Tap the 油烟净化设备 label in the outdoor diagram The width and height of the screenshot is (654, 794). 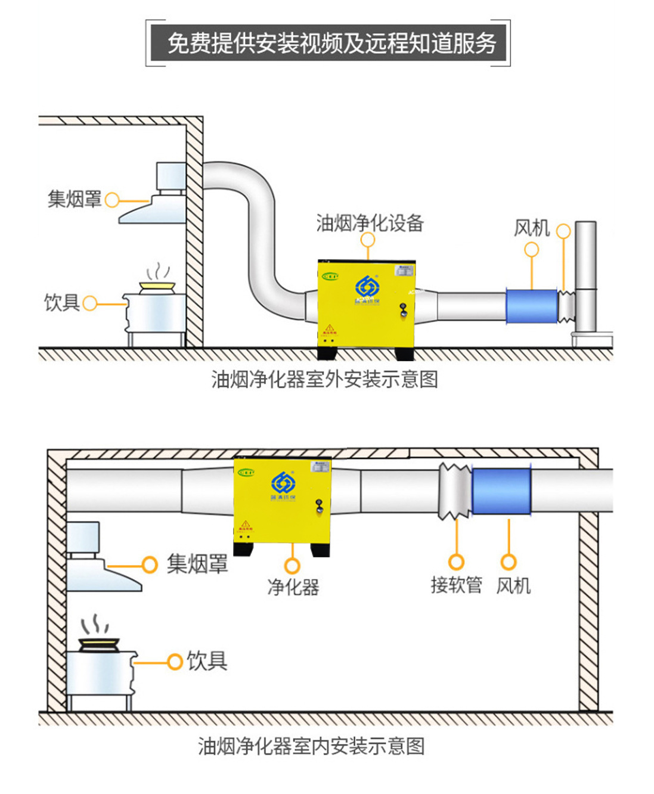click(x=370, y=223)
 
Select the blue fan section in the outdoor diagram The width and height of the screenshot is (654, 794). click(x=532, y=306)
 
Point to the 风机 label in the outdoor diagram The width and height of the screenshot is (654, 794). click(x=531, y=227)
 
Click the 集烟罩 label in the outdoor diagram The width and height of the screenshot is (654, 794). click(x=75, y=199)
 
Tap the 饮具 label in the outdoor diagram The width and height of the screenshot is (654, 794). click(x=61, y=302)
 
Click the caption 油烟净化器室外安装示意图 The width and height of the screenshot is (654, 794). click(x=324, y=379)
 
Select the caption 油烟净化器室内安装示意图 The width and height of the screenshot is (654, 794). click(x=311, y=746)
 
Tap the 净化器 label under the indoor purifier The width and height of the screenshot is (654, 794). click(x=293, y=587)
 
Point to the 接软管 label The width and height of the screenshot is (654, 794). click(x=456, y=585)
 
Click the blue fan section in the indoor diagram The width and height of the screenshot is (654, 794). click(x=501, y=491)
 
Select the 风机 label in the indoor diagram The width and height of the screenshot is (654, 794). click(x=513, y=585)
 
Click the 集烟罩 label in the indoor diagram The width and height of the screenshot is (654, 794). click(x=197, y=563)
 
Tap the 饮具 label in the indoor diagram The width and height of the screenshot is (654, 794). click(x=207, y=660)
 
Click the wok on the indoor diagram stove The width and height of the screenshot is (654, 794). click(x=100, y=644)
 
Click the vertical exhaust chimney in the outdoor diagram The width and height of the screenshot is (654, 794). click(x=585, y=274)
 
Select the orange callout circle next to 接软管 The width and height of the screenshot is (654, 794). click(x=456, y=562)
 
